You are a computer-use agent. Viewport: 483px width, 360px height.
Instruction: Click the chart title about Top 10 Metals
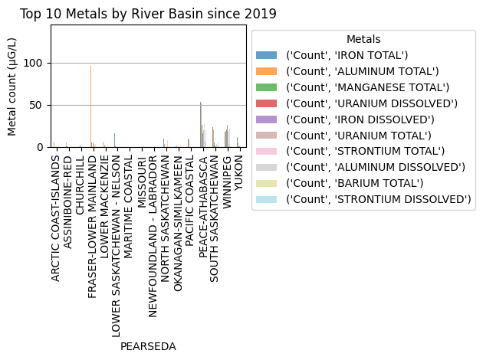click(148, 14)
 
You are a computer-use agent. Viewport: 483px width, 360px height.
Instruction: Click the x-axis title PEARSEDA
click(148, 346)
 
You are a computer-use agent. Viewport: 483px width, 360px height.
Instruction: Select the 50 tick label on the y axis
click(40, 105)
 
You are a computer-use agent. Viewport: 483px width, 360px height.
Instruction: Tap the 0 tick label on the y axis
click(43, 147)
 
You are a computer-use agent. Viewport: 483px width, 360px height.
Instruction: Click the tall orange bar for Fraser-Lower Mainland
click(90, 107)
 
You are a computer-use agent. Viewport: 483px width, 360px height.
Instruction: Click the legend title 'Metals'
click(363, 39)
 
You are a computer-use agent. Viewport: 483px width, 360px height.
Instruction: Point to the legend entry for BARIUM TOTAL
click(354, 183)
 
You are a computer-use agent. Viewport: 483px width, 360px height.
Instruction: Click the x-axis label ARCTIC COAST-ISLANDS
click(55, 218)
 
